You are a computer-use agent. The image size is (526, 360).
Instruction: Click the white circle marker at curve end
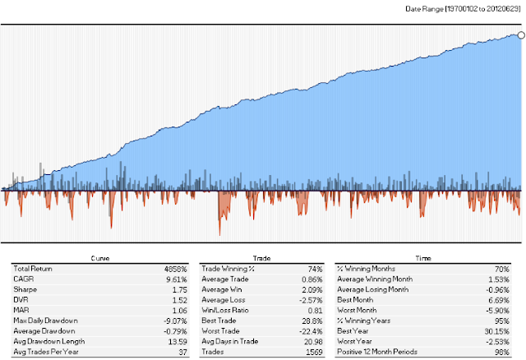[x=521, y=35]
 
